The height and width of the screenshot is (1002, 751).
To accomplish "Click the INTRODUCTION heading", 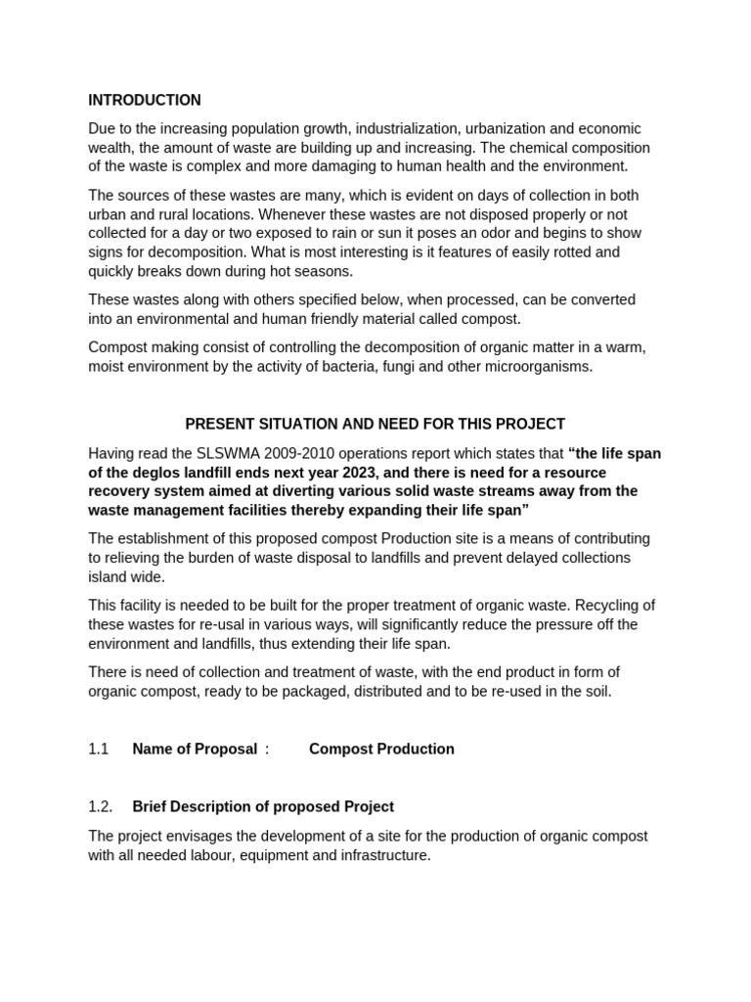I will point(145,100).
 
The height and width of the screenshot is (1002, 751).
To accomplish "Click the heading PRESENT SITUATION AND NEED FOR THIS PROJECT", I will point(375,424).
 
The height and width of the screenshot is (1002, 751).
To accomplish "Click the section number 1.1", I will point(99,749).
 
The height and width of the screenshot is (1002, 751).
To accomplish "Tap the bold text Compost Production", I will point(381,749).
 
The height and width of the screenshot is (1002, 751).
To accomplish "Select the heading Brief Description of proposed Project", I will point(263,806).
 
